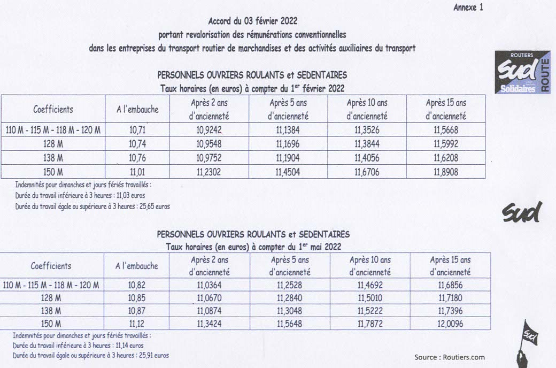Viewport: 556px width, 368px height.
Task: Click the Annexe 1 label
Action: click(468, 7)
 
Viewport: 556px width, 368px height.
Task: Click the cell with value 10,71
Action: click(137, 130)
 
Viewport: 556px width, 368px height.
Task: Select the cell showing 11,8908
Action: click(445, 172)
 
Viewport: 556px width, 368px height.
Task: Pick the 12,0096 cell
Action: click(450, 324)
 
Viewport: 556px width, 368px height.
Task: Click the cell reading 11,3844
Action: click(367, 144)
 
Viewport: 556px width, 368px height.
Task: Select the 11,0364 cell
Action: click(210, 285)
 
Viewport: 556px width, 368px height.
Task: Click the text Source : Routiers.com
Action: click(449, 357)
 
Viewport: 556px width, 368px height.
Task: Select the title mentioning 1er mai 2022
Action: click(254, 247)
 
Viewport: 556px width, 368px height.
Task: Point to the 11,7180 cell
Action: click(450, 297)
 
